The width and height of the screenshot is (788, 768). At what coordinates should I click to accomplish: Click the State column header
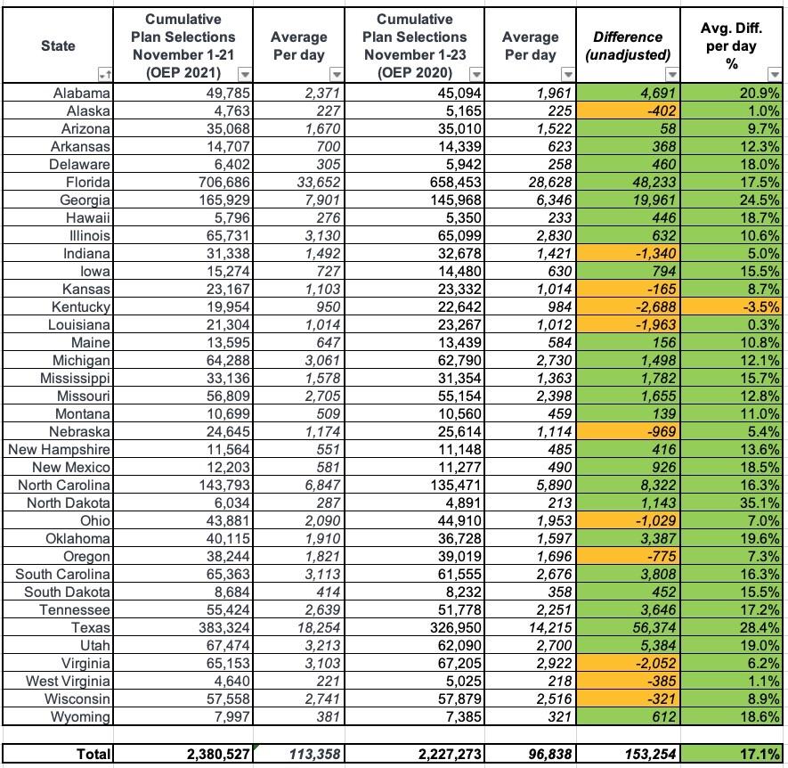58,45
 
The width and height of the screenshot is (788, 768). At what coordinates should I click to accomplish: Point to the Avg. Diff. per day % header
733,45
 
